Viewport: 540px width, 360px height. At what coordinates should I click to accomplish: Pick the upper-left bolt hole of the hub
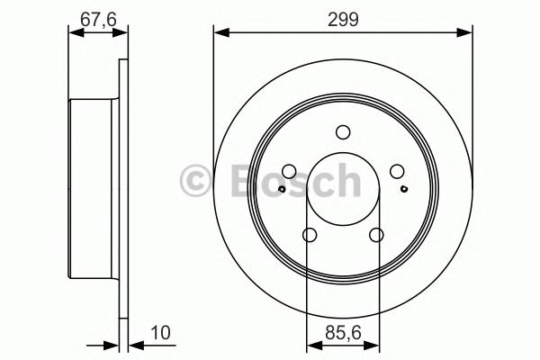[x=288, y=172]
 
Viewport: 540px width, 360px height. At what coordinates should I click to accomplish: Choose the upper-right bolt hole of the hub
[x=397, y=172]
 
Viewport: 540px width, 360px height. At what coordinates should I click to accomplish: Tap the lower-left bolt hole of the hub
[x=310, y=236]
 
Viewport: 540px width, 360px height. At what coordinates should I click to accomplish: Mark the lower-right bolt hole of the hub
[x=376, y=236]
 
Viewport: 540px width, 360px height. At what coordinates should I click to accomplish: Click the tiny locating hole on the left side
[x=283, y=189]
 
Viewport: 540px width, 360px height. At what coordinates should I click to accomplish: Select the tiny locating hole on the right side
[x=403, y=189]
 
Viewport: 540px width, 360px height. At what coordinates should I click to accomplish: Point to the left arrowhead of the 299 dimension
[x=220, y=33]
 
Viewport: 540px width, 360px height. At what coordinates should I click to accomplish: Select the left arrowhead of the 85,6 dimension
[x=312, y=343]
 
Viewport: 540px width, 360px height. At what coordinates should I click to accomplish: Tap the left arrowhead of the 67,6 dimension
[x=75, y=33]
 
